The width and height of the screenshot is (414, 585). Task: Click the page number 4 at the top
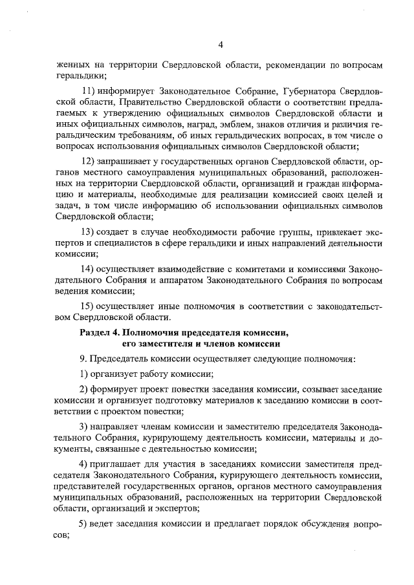221,45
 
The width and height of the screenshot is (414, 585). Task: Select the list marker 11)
93,90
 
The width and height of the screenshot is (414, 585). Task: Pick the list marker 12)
93,161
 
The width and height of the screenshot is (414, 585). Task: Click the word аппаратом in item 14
226,280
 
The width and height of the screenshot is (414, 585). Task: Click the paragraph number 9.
83,359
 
